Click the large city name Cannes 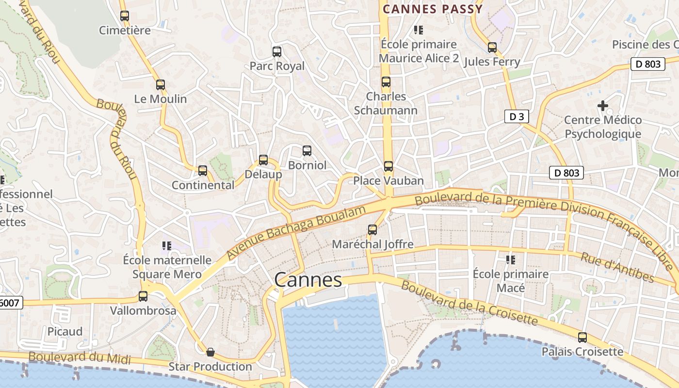308,280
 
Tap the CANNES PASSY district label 433,9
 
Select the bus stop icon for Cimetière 125,16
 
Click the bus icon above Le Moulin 161,85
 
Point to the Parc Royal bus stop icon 277,52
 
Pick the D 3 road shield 516,116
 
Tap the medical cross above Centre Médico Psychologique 603,105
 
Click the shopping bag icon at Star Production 210,352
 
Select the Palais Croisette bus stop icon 582,337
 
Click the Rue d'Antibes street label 617,267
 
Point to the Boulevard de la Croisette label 469,303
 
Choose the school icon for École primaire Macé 510,260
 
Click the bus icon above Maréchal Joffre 372,230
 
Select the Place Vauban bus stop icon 388,166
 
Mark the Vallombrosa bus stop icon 143,296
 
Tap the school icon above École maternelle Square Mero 167,246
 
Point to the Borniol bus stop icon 307,151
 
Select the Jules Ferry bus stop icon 492,48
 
